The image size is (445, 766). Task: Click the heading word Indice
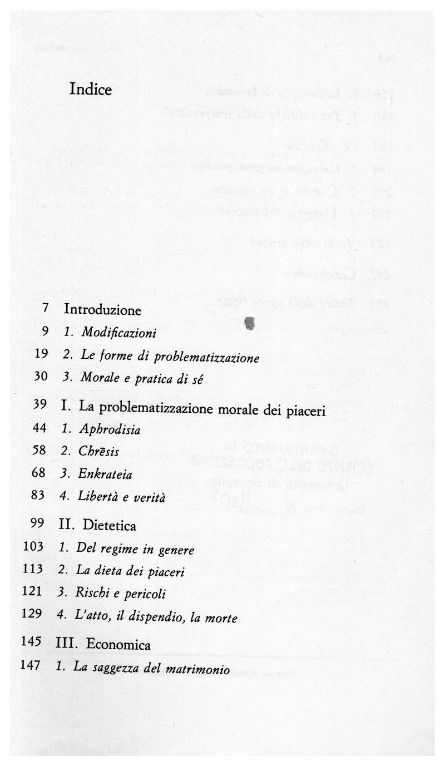point(91,90)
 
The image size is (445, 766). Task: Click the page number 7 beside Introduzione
point(45,308)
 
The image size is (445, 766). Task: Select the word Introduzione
point(102,310)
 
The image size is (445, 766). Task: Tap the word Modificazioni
point(118,333)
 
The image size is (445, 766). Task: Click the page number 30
point(41,375)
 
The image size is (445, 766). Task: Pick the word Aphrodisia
point(110,430)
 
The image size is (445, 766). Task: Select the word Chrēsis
point(98,452)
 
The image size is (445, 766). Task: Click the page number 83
point(38,495)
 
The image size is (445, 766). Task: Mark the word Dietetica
point(110,525)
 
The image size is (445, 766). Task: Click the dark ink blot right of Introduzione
point(250,322)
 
